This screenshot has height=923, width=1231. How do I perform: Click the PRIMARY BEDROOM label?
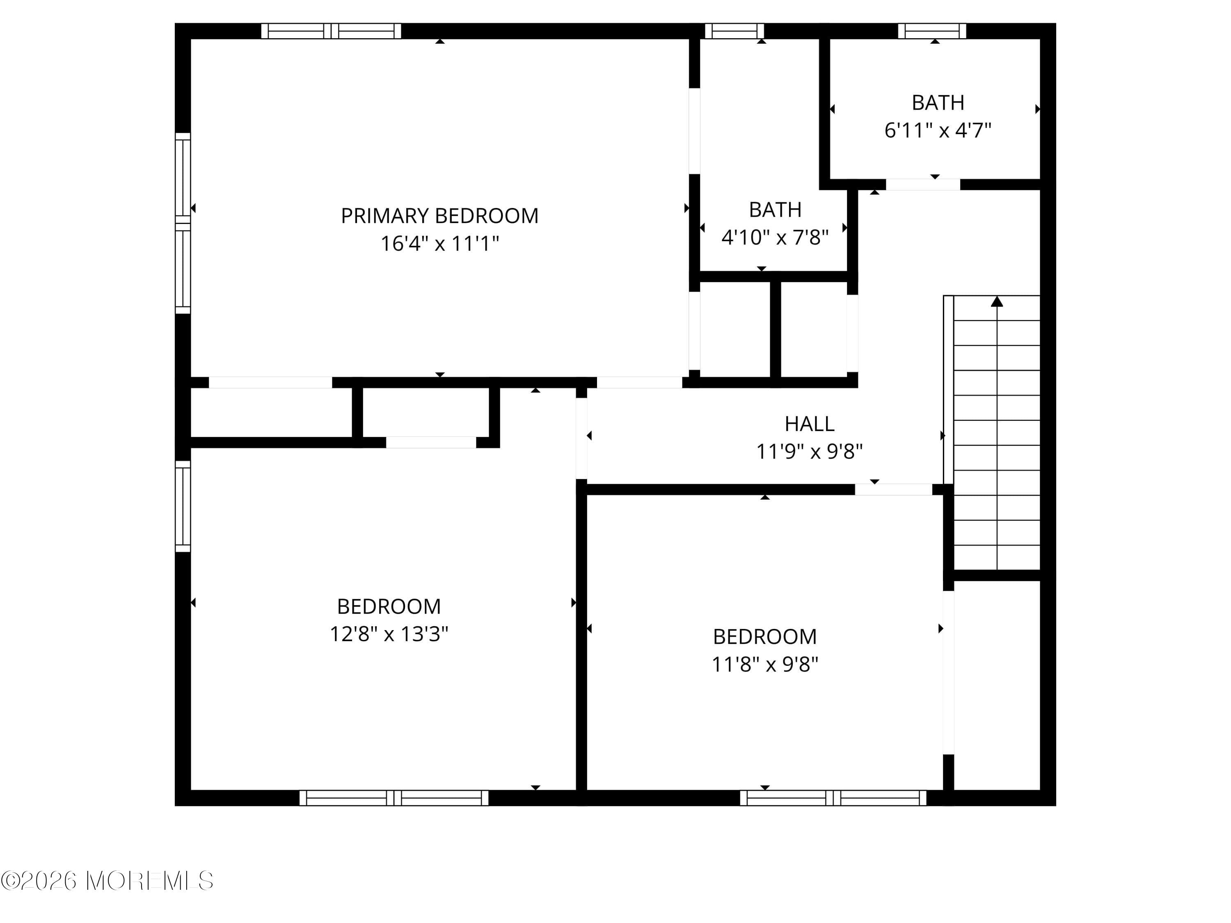(x=439, y=216)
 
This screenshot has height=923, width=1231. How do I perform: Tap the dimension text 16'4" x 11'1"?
(x=439, y=244)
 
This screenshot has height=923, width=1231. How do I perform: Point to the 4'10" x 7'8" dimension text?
(x=775, y=238)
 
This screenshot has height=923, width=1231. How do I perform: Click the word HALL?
(x=809, y=424)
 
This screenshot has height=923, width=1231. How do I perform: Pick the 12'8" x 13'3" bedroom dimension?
(x=389, y=634)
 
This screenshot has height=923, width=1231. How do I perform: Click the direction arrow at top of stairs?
(x=997, y=302)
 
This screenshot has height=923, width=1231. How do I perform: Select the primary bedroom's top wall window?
(x=331, y=31)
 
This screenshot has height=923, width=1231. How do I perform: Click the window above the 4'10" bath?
(x=734, y=31)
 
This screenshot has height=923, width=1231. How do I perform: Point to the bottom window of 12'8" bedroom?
(x=394, y=798)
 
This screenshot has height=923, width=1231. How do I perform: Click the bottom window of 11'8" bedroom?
(x=833, y=798)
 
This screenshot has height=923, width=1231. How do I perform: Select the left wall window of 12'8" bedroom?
(x=183, y=506)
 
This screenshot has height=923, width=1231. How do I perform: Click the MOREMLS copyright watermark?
(x=107, y=881)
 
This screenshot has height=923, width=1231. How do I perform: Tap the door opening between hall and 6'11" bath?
(x=923, y=184)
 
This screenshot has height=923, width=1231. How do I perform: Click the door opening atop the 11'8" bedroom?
(x=893, y=489)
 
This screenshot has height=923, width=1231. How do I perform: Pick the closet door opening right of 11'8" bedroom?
(x=948, y=672)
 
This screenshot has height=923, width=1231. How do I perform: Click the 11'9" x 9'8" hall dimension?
(x=809, y=451)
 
